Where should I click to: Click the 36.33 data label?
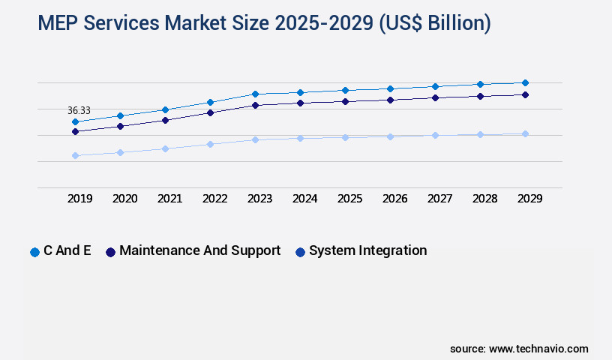(x=79, y=110)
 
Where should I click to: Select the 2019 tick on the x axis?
(x=80, y=199)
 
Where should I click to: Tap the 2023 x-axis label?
(x=259, y=199)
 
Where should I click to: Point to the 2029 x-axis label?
(x=529, y=199)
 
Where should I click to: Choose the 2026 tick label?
(x=394, y=199)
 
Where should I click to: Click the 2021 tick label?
(x=169, y=199)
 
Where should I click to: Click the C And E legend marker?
(x=34, y=252)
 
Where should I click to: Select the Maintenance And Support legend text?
(x=199, y=250)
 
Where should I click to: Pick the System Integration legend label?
(x=367, y=250)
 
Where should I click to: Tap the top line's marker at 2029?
(x=525, y=82)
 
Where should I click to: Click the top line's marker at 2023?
(x=255, y=94)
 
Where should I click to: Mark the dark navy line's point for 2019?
(x=75, y=131)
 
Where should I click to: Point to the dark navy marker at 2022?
(x=210, y=112)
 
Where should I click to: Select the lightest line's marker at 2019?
(x=75, y=155)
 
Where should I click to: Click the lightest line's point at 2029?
(x=525, y=133)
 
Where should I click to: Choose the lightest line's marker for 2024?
(x=300, y=138)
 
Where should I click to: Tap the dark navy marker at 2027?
(x=435, y=97)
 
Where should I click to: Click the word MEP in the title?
(x=59, y=23)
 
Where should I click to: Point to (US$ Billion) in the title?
(x=435, y=23)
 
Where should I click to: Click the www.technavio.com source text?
(x=538, y=349)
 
